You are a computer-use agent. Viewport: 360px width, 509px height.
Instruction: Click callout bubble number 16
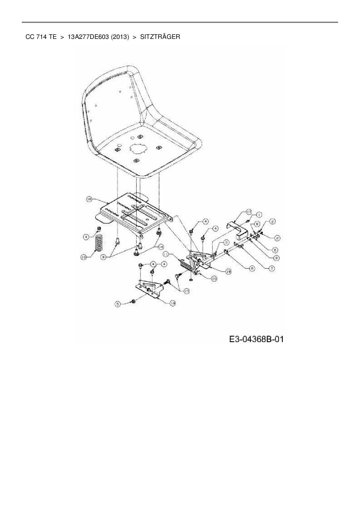pos(89,199)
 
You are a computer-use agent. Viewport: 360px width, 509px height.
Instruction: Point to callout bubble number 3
pos(104,257)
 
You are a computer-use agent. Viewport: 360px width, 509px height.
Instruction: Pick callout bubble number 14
pos(160,246)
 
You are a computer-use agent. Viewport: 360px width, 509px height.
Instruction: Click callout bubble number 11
pos(166,254)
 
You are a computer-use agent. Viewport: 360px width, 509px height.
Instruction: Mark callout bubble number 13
pos(186,291)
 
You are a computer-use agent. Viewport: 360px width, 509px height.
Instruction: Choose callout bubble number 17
pos(249,212)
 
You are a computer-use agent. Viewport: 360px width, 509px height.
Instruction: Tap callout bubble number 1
pos(259,214)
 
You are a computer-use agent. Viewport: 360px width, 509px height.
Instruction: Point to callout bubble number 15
pos(214,279)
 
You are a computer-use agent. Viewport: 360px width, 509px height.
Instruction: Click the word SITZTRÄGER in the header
pos(160,37)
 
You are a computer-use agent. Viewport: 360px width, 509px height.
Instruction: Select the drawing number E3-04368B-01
pos(256,339)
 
